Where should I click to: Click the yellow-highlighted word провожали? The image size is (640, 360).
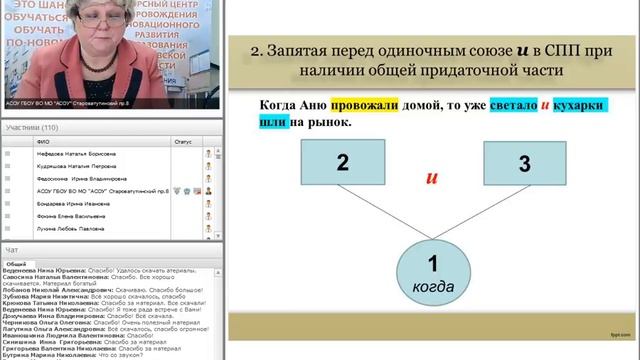(x=344, y=105)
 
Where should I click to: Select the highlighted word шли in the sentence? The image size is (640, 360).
(x=273, y=122)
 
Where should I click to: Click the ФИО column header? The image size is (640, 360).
(x=43, y=141)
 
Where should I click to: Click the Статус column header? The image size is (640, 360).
(x=182, y=141)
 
